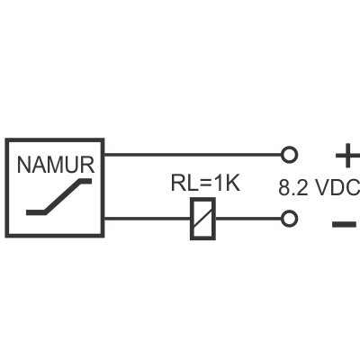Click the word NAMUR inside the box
(x=56, y=165)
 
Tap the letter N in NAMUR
(x=23, y=165)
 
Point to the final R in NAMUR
(x=87, y=165)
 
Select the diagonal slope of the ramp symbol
(x=64, y=196)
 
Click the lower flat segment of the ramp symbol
(x=36, y=212)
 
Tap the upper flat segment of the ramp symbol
(x=85, y=181)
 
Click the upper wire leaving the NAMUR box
(x=193, y=155)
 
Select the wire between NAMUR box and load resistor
(x=147, y=219)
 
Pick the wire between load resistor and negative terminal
(x=248, y=219)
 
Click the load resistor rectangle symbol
(x=203, y=219)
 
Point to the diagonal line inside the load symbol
(x=203, y=219)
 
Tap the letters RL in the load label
(x=184, y=183)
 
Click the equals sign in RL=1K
(x=205, y=184)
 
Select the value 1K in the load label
(x=227, y=183)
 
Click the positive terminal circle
(x=289, y=155)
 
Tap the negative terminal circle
(x=289, y=219)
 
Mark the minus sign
(x=344, y=224)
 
